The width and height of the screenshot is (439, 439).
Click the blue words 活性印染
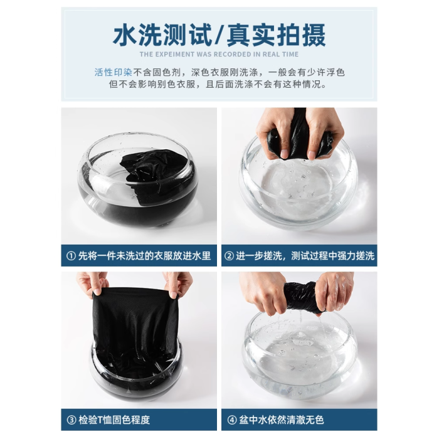pyautogui.click(x=113, y=73)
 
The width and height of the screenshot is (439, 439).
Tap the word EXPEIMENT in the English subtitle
pyautogui.click(x=175, y=55)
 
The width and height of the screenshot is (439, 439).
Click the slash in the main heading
pyautogui.click(x=219, y=36)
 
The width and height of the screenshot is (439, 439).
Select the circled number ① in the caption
pyautogui.click(x=71, y=256)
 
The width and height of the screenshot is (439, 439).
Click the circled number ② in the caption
pyautogui.click(x=229, y=256)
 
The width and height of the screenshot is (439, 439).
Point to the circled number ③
pyautogui.click(x=71, y=420)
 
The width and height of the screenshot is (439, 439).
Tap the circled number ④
pyautogui.click(x=231, y=420)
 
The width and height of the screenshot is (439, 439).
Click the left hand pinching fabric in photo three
pyautogui.click(x=92, y=283)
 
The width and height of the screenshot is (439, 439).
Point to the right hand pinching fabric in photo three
pyautogui.click(x=178, y=284)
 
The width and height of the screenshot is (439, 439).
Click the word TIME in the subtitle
pyautogui.click(x=290, y=55)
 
